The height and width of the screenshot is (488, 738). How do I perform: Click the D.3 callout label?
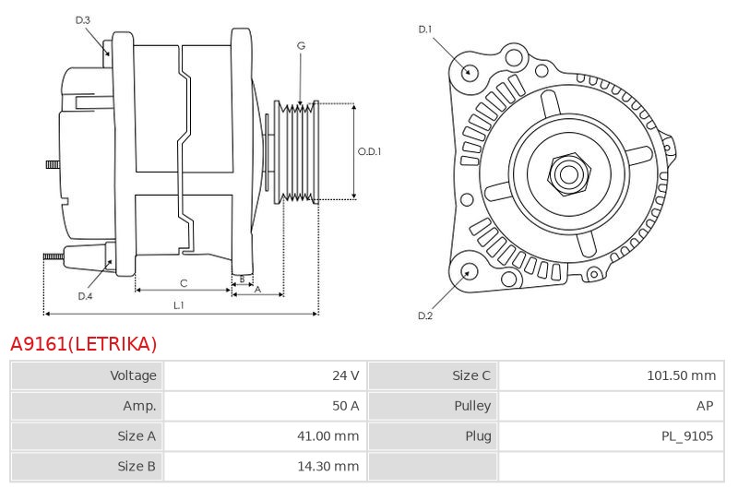[82, 20]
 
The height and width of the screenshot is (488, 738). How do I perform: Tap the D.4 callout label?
[85, 296]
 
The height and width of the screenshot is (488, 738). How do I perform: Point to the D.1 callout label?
[425, 30]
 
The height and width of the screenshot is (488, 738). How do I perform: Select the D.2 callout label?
[425, 315]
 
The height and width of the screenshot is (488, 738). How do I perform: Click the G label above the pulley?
[302, 45]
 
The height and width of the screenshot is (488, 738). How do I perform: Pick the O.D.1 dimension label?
[370, 151]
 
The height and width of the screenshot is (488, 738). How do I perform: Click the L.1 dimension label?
[179, 305]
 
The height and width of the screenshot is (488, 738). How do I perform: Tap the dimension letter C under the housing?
[184, 283]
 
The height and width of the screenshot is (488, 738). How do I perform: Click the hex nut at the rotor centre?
[568, 174]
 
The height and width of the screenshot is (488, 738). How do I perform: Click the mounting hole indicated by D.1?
[468, 72]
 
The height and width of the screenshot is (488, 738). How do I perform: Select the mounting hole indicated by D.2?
[468, 272]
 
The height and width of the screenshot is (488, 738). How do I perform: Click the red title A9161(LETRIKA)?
[83, 344]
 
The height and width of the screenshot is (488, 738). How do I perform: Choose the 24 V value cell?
[266, 375]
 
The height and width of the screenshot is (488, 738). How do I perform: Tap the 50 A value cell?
[266, 406]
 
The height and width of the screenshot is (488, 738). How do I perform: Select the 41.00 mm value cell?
[266, 436]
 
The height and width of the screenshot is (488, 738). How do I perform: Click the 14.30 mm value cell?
[266, 467]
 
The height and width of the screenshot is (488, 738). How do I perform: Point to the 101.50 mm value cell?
[612, 375]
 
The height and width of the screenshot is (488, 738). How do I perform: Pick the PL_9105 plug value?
[687, 436]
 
